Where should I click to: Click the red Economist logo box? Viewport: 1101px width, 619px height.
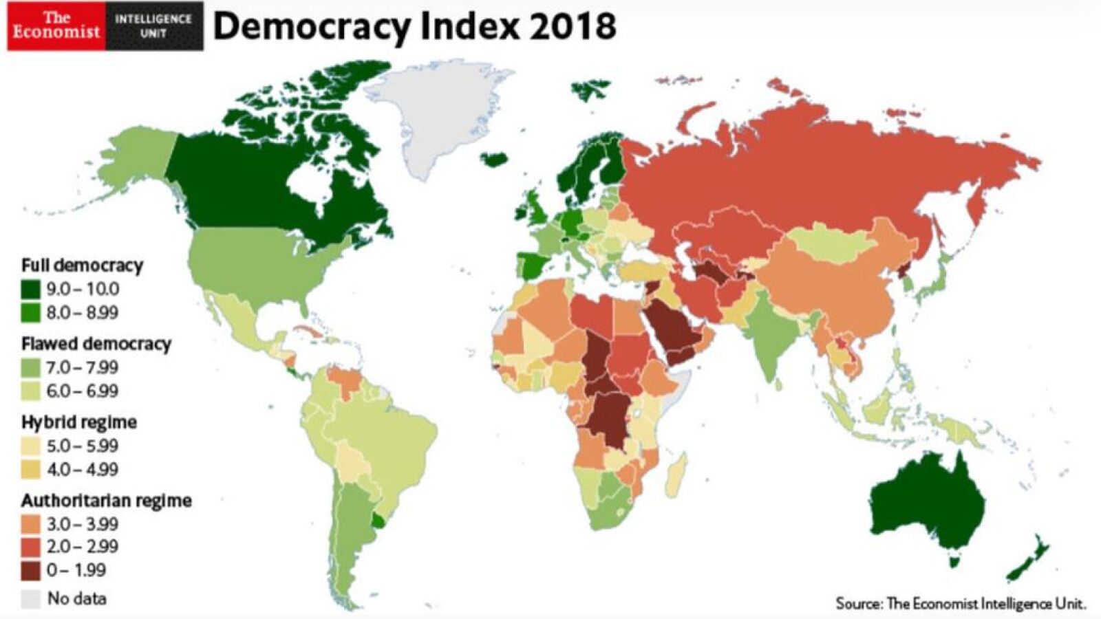click(x=56, y=26)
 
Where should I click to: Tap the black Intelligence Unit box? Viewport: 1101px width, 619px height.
click(x=154, y=26)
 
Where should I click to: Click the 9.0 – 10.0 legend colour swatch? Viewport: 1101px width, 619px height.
click(x=31, y=289)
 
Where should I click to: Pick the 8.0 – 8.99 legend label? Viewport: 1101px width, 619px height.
click(x=83, y=313)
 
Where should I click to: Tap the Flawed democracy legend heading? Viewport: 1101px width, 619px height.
click(x=96, y=343)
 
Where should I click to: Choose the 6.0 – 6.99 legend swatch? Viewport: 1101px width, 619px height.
click(x=31, y=391)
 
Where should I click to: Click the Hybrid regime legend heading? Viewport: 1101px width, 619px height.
click(x=78, y=422)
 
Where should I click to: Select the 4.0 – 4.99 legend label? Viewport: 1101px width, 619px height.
click(x=83, y=470)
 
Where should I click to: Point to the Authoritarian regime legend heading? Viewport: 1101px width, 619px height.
click(x=106, y=500)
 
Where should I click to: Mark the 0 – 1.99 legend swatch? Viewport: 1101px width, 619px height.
click(x=31, y=570)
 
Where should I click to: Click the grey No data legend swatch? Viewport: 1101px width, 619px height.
click(x=31, y=598)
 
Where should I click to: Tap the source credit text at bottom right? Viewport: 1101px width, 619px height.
click(x=961, y=604)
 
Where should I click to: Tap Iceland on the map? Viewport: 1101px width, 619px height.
click(x=493, y=159)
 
